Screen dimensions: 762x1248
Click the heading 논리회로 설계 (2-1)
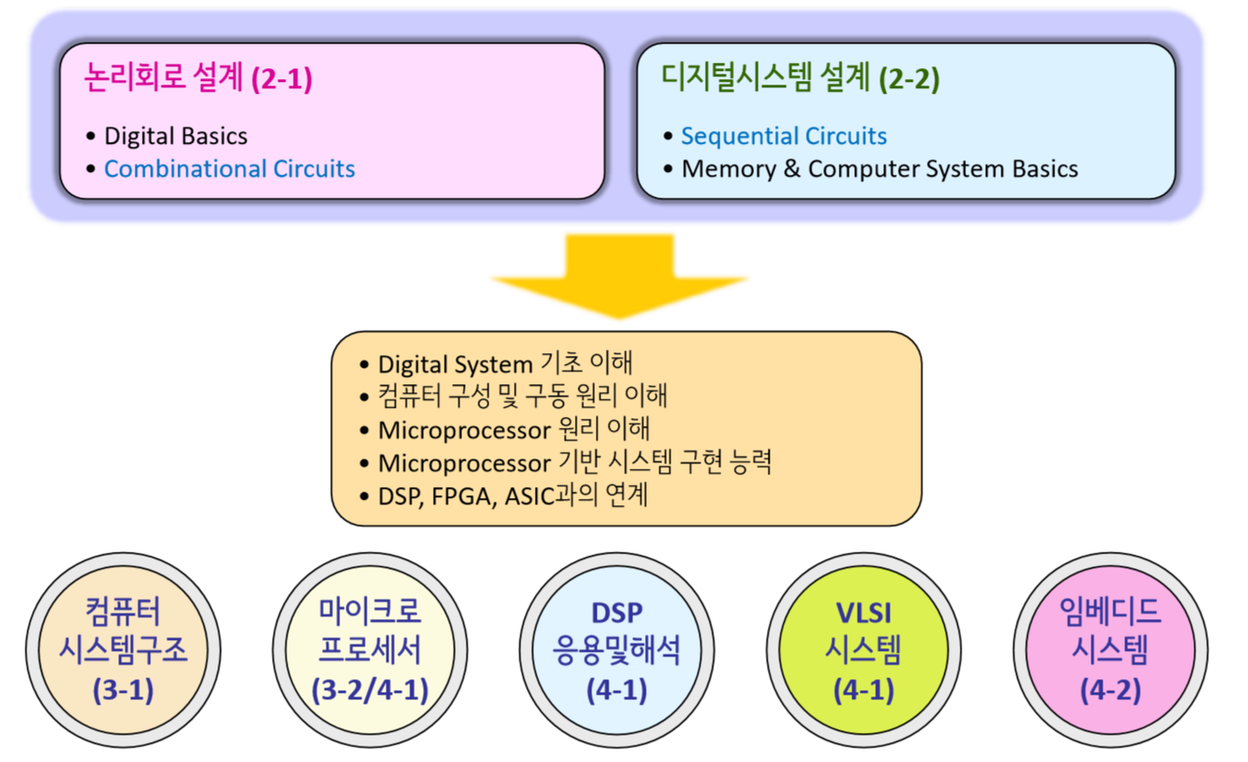coord(197,79)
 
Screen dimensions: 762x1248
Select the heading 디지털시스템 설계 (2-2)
coord(800,79)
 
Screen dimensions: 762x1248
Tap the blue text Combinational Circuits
coord(229,169)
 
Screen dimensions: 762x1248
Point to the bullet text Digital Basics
coord(176,137)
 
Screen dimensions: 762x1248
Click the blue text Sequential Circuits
coord(783,137)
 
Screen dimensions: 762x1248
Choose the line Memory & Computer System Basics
coord(879,169)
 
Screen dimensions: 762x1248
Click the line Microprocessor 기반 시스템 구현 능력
coord(574,462)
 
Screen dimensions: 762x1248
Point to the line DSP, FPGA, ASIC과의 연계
coord(512,496)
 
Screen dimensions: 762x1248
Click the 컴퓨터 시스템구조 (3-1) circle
coord(123,650)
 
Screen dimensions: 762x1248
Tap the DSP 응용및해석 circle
coord(617,650)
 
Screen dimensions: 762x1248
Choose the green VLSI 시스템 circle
coord(863,650)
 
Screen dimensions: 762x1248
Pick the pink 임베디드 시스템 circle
coord(1110,650)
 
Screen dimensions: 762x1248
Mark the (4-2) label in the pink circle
coord(1110,690)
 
